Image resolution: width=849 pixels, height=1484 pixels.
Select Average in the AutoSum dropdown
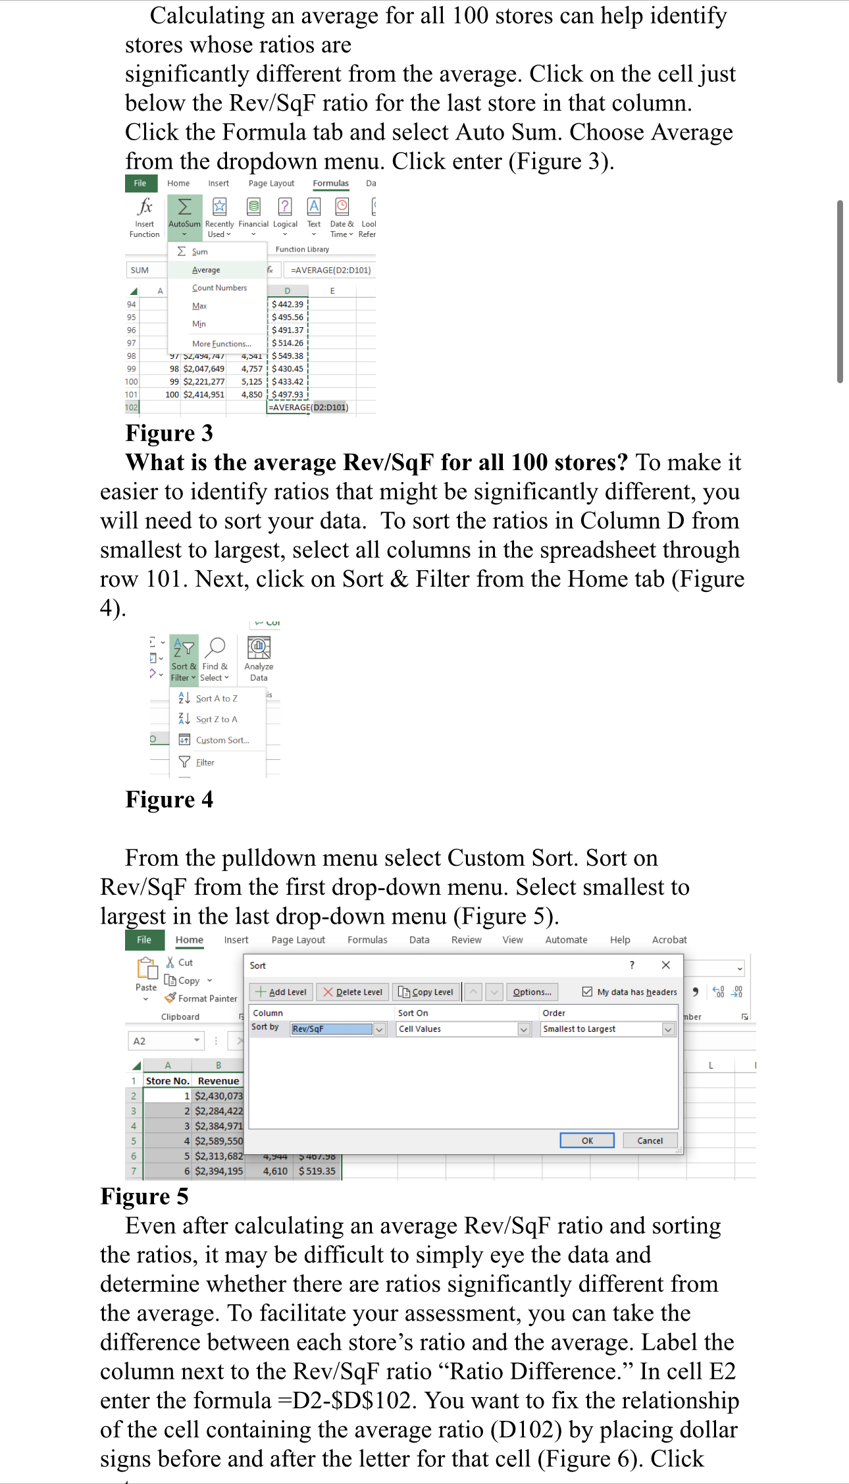click(x=206, y=270)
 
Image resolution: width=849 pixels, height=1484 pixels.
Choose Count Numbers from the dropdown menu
click(x=219, y=288)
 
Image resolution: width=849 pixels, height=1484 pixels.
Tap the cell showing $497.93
click(x=288, y=394)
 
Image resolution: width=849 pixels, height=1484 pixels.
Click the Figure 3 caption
click(x=169, y=433)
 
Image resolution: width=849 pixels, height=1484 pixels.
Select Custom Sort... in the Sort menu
click(x=222, y=740)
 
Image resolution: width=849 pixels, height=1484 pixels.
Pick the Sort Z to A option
click(x=216, y=719)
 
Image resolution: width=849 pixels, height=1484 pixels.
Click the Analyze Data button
click(x=259, y=657)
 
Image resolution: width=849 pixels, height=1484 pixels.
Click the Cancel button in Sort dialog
click(x=650, y=1140)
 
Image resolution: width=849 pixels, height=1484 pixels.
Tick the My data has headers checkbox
click(x=587, y=992)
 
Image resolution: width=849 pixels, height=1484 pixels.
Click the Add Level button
click(x=281, y=992)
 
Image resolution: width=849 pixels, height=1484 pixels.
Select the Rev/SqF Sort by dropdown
click(x=338, y=1029)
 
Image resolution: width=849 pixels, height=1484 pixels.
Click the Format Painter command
click(x=201, y=998)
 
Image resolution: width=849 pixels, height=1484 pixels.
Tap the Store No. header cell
click(x=167, y=1080)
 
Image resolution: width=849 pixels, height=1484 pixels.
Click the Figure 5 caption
click(x=144, y=1196)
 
